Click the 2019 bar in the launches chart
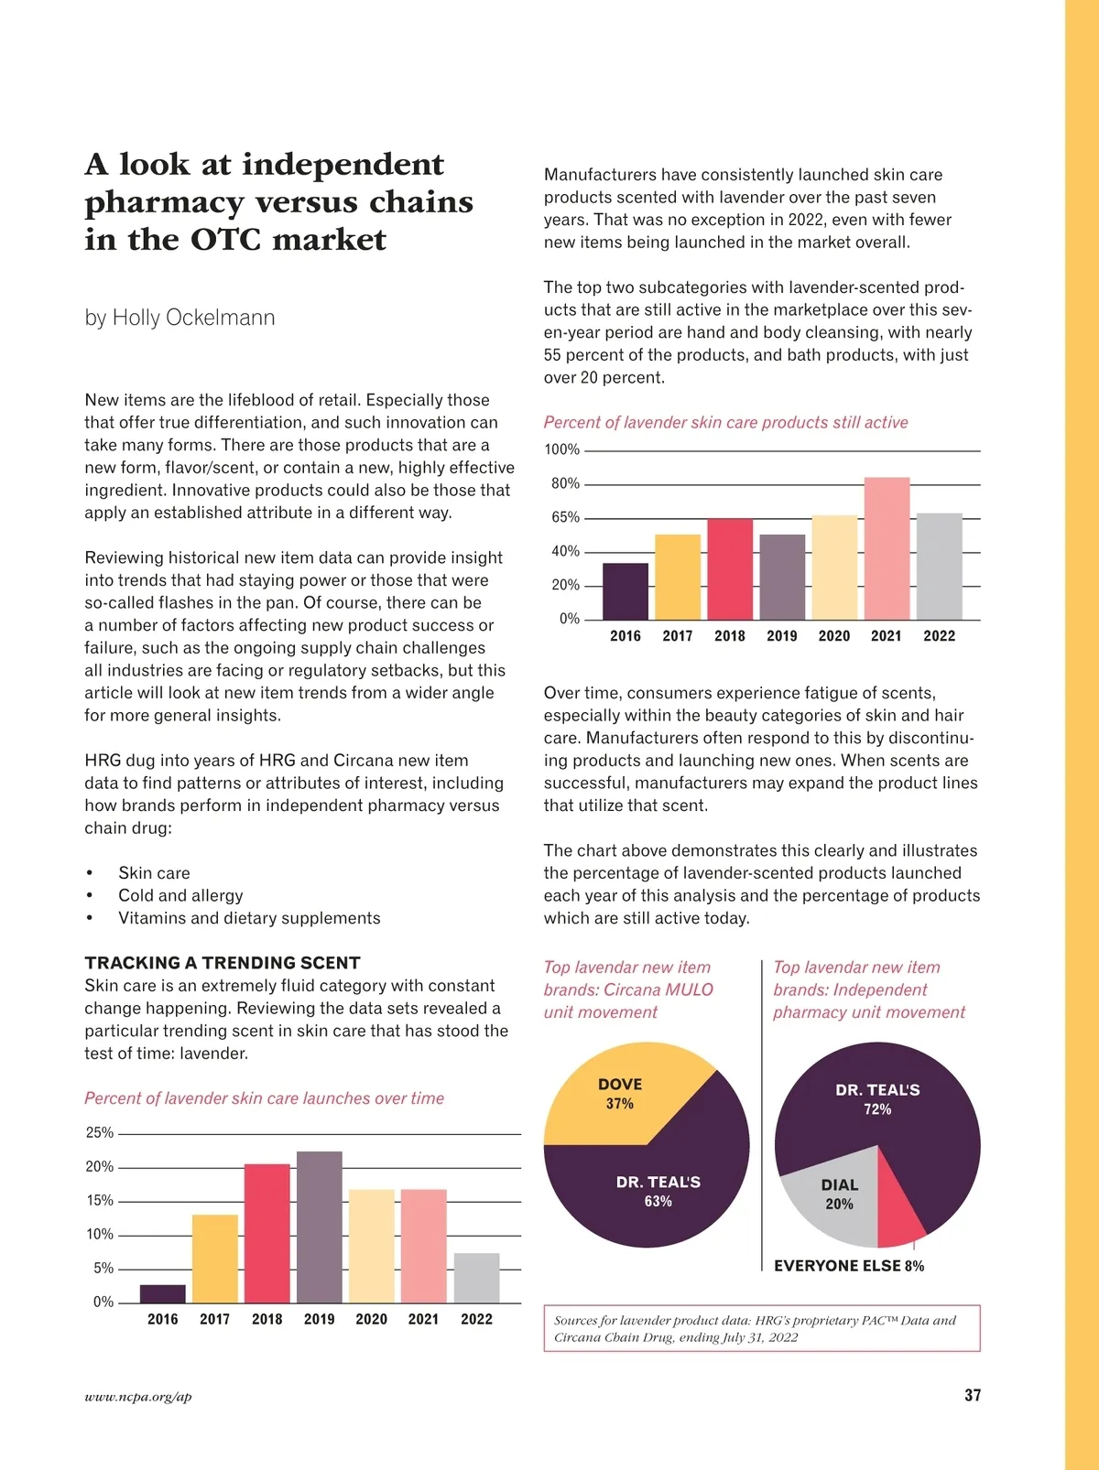[319, 1227]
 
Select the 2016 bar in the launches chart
[163, 1293]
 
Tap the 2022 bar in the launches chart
[476, 1278]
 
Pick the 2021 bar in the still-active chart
[887, 548]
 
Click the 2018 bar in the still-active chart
[730, 568]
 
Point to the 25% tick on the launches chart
[100, 1133]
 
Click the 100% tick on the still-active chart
[562, 449]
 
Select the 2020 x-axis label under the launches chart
[371, 1319]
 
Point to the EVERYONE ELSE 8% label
[849, 1266]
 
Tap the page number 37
[973, 1395]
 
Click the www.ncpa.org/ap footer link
[138, 1397]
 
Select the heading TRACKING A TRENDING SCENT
[223, 963]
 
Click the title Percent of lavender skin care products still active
[725, 422]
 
